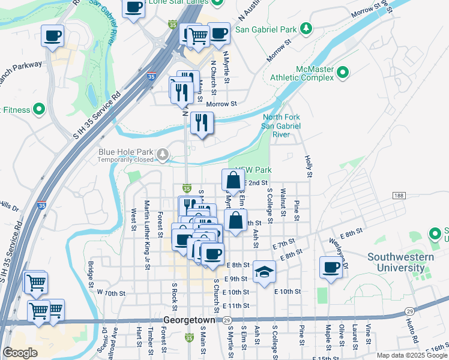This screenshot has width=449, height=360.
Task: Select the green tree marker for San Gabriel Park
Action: [x=306, y=28]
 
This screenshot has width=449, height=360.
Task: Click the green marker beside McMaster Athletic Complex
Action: [x=343, y=73]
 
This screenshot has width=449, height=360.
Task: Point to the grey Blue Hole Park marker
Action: [x=163, y=155]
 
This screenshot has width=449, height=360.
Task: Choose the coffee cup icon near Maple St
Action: [x=330, y=267]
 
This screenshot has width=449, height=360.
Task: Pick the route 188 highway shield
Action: [x=399, y=196]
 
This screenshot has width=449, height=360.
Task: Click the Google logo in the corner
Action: [x=20, y=352]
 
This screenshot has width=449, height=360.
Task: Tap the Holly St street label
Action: [x=309, y=166]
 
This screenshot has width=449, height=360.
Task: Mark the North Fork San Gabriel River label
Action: [x=281, y=126]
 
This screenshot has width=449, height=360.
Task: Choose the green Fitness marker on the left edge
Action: [x=39, y=109]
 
